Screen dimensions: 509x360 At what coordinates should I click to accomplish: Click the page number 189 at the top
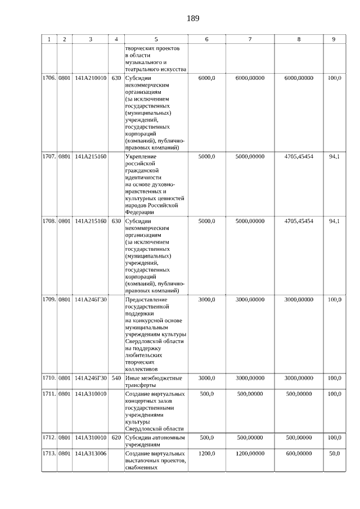(x=193, y=18)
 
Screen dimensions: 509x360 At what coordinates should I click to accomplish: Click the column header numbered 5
(x=156, y=39)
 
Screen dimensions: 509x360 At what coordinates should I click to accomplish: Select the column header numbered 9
(x=334, y=39)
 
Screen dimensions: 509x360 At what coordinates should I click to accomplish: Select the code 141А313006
(x=91, y=453)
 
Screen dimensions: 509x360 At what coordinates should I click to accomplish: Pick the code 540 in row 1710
(x=116, y=378)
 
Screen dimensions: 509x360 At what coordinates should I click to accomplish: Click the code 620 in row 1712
(x=116, y=437)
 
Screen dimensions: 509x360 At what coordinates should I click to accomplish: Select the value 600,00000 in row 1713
(x=299, y=453)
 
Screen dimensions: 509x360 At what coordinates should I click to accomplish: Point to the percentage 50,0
(x=334, y=453)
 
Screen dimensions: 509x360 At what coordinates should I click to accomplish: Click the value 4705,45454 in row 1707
(x=299, y=156)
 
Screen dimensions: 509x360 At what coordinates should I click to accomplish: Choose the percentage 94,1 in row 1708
(x=334, y=221)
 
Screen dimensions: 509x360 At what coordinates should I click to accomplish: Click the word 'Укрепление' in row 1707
(x=141, y=156)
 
